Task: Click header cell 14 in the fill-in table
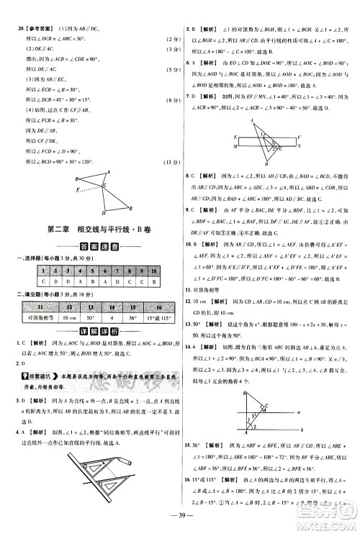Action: [100, 306]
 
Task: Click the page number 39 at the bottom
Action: [180, 523]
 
